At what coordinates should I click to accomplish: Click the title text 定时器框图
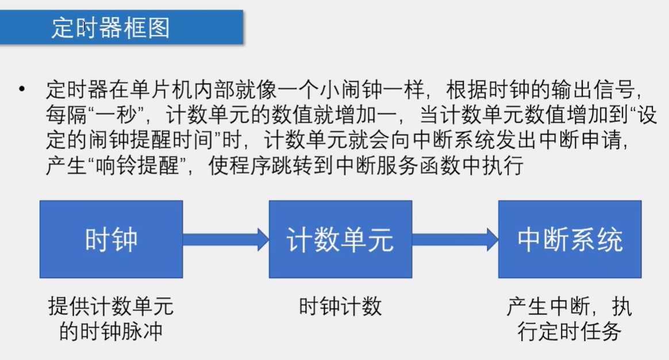tap(110, 27)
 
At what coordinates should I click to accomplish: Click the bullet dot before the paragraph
tap(22, 90)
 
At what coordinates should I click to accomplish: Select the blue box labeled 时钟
tap(111, 239)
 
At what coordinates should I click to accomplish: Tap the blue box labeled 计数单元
tap(340, 239)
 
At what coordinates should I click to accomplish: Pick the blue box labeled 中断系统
tap(570, 239)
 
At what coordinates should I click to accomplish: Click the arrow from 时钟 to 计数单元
tap(225, 239)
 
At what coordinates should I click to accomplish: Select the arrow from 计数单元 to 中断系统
tap(455, 239)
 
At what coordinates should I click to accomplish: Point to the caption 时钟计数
tap(340, 307)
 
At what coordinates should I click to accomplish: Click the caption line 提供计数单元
tap(110, 307)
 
